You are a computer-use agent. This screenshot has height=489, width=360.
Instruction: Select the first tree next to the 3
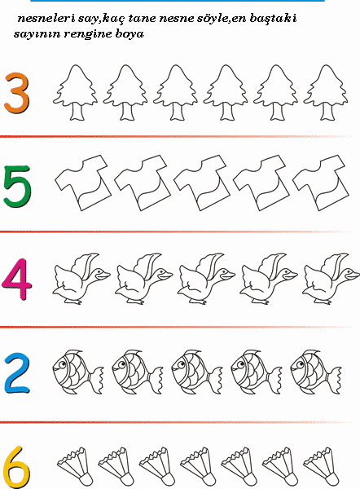pos(76,92)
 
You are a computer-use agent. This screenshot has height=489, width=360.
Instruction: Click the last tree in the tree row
pos(326,92)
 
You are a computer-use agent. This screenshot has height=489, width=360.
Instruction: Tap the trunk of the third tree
pos(177,112)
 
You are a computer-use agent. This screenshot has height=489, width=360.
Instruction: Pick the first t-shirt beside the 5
pos(83,183)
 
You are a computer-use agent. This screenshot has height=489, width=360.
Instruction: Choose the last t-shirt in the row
pos(321,183)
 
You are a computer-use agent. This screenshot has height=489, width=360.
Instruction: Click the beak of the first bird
pos(103,275)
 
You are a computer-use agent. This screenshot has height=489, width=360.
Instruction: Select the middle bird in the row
pos(206,279)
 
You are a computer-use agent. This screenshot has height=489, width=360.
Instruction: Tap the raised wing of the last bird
pos(335,264)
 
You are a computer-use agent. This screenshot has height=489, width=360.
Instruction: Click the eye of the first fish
pos(63,364)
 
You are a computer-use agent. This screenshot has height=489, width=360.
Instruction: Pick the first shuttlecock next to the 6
pos(75,466)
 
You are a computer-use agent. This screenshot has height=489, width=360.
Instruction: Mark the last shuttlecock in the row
pos(321,466)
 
